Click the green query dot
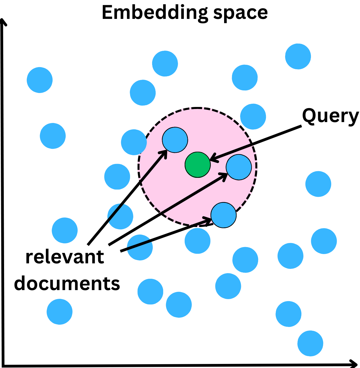point(198,165)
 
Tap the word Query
point(330,116)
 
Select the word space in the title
point(241,13)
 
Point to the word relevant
point(65,257)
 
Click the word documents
point(67,283)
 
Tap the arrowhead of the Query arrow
point(213,159)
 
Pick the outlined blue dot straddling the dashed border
point(224,215)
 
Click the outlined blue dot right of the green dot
point(239,167)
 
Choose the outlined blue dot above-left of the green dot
point(175,140)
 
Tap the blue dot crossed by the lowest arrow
point(140,247)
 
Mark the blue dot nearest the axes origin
point(60,312)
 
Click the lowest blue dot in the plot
point(310,343)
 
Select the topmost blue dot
point(298,56)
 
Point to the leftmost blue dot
point(40,80)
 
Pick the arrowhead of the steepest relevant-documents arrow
point(165,152)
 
